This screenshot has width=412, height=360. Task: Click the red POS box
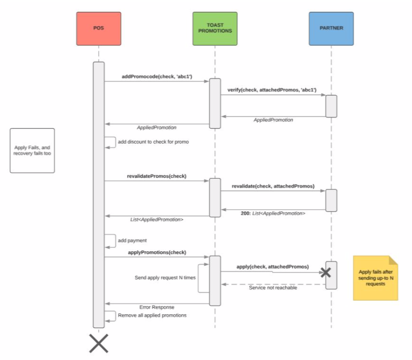(x=99, y=28)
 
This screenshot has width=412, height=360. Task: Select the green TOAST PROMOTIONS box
(x=215, y=28)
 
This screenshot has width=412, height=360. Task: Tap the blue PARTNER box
(x=331, y=28)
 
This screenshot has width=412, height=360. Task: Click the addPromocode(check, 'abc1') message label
(x=157, y=76)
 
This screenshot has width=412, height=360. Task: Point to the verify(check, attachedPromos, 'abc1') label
(x=272, y=90)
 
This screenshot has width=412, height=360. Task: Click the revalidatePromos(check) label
(x=157, y=176)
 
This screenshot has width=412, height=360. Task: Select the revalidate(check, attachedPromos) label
(x=273, y=186)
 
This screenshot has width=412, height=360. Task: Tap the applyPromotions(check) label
(x=157, y=252)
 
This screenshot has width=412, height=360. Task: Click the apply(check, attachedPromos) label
(x=272, y=267)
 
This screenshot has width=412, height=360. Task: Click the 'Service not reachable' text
(x=273, y=288)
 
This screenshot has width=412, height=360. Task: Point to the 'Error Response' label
(x=157, y=307)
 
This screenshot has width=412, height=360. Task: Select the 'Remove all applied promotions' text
(x=152, y=315)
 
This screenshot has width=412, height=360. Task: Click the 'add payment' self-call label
(x=132, y=240)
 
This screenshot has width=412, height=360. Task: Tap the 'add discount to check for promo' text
(x=153, y=142)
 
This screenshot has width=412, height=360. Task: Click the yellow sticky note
(x=375, y=278)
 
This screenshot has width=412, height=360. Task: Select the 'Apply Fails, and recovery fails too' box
(x=32, y=150)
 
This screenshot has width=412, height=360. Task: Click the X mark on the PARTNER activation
(x=326, y=272)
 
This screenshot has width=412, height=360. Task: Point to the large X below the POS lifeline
(x=99, y=343)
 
